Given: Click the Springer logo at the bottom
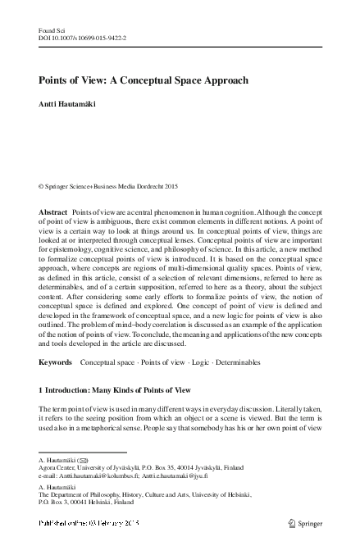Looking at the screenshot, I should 309,522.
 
